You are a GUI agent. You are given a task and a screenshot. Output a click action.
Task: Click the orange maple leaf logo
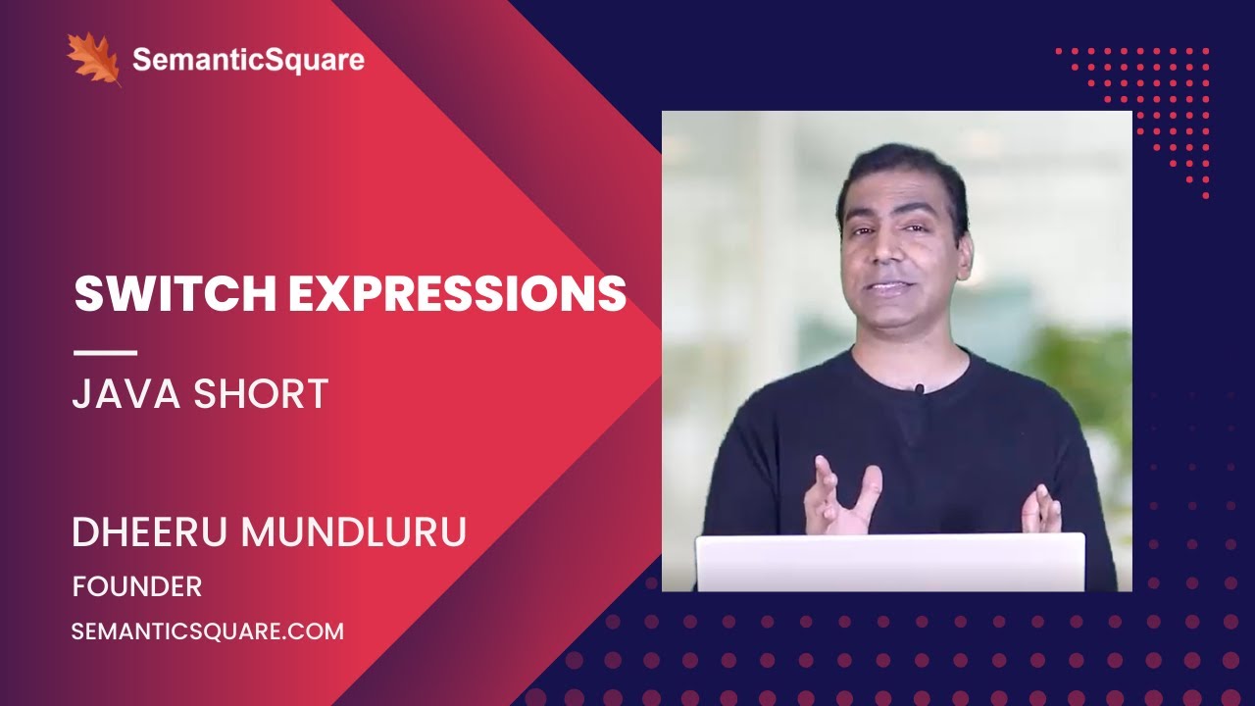(93, 58)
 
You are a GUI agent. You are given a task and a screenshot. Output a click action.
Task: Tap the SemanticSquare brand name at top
(248, 60)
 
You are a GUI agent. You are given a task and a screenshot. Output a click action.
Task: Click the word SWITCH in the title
(172, 293)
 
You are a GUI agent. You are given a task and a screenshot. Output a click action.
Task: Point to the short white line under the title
(105, 352)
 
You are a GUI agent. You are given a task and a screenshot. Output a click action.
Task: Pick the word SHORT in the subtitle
(262, 393)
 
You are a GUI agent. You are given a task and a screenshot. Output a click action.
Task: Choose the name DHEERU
(149, 532)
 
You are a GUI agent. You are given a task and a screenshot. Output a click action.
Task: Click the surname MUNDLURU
(355, 532)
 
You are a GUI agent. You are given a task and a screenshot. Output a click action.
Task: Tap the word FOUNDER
(137, 586)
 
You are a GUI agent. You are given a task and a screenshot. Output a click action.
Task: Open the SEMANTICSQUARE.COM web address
(208, 631)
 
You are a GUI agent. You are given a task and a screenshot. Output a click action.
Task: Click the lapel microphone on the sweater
(919, 388)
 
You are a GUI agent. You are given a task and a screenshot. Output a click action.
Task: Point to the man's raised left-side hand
(839, 495)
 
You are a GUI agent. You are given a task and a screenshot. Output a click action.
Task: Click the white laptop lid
(890, 563)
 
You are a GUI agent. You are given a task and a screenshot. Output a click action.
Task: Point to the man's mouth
(890, 288)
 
